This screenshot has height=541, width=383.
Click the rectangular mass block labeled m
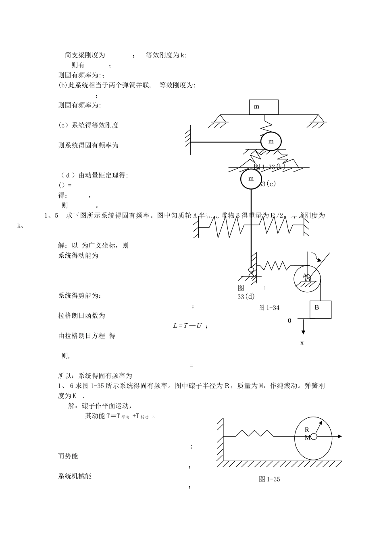pos(264,107)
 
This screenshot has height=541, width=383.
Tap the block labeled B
pos(320,309)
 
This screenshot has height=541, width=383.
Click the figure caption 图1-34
pos(269,308)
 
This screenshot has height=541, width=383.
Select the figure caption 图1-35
pos(269,479)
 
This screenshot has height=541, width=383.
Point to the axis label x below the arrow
pos(302,343)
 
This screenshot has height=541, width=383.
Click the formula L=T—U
pos(187,326)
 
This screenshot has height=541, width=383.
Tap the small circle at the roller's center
pos(314,437)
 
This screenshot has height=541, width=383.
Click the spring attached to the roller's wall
pos(254,434)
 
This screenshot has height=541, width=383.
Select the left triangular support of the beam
pos(219,119)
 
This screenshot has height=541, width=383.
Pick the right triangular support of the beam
pos(318,119)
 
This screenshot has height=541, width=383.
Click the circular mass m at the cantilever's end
pos(271,142)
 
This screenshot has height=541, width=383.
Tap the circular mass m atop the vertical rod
pos(251,179)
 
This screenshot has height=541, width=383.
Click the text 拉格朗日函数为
pos(81,316)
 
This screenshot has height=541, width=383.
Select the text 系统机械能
pos(75,476)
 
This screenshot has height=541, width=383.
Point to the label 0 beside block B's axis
pos(289,321)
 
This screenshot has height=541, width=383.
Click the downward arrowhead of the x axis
pos(303,332)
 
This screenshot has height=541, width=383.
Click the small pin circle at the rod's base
pos(251,269)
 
